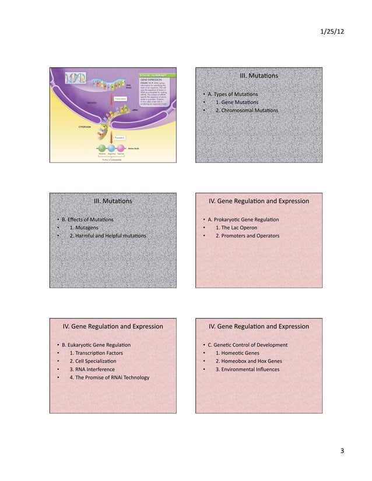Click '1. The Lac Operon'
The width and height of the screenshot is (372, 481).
pos(239,228)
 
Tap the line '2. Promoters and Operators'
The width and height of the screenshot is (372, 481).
pos(247,236)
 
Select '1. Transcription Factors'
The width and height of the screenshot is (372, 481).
pos(96,353)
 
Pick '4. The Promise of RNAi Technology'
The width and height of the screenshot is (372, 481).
pos(109,377)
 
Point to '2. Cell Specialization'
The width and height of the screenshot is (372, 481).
pos(93,361)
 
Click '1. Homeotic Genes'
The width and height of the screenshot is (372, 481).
pos(237,353)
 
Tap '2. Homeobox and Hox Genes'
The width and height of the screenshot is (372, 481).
pos(248,361)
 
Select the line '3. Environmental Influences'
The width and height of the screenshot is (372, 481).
pos(247,369)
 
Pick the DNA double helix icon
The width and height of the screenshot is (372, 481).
pos(75,79)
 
